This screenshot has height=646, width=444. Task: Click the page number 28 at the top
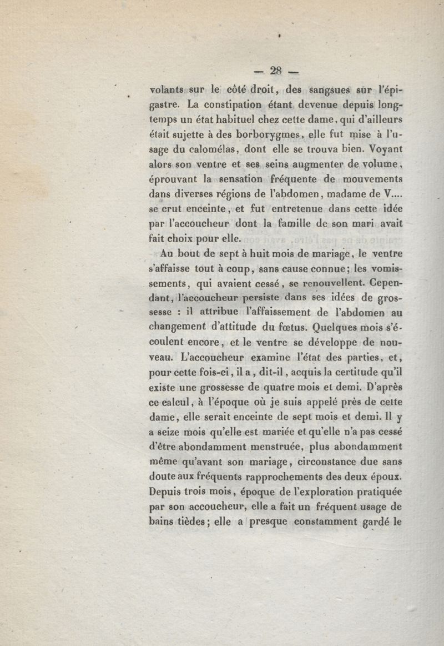tap(276, 70)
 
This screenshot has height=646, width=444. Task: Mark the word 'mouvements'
tap(372, 179)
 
